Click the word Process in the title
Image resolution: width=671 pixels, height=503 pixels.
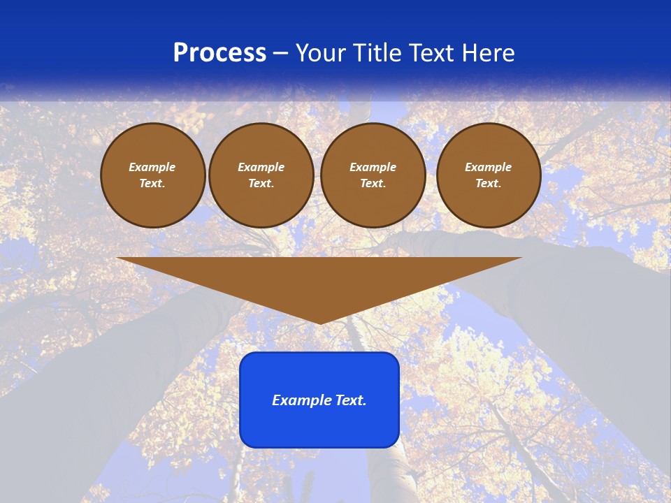pyautogui.click(x=219, y=53)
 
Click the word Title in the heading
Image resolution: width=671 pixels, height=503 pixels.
pyautogui.click(x=376, y=53)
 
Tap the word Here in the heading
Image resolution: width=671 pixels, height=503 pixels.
pyautogui.click(x=489, y=53)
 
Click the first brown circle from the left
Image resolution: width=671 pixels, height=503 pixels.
pyautogui.click(x=152, y=175)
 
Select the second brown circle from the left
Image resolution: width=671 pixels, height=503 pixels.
pyautogui.click(x=261, y=175)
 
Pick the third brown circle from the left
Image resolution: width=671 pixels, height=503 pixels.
pyautogui.click(x=373, y=175)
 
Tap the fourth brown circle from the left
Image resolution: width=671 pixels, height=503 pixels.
pyautogui.click(x=489, y=175)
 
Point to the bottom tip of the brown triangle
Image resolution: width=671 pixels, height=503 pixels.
pyautogui.click(x=320, y=323)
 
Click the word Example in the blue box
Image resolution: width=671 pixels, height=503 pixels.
pyautogui.click(x=302, y=400)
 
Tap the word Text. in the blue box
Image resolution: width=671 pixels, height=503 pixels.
pyautogui.click(x=352, y=400)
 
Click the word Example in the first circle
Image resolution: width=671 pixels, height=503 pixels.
pyautogui.click(x=152, y=167)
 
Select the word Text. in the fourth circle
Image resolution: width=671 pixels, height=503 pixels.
pyautogui.click(x=489, y=184)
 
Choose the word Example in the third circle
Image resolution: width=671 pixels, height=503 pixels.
pyautogui.click(x=373, y=167)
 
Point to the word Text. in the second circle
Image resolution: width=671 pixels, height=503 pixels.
pyautogui.click(x=261, y=184)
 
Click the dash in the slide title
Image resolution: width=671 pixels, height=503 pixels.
pyautogui.click(x=280, y=54)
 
